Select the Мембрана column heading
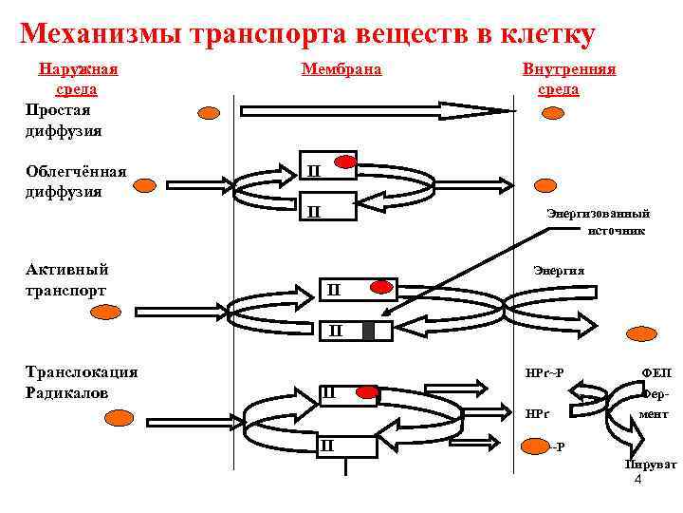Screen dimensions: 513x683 point(341,69)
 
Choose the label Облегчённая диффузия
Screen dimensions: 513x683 point(75,180)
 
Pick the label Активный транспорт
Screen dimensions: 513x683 point(66,279)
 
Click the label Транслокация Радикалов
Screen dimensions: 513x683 point(82,381)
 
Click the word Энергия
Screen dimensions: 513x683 point(560,271)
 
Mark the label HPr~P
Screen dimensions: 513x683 point(545,370)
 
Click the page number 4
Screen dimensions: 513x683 point(637,480)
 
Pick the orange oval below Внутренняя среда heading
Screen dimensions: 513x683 point(550,113)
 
